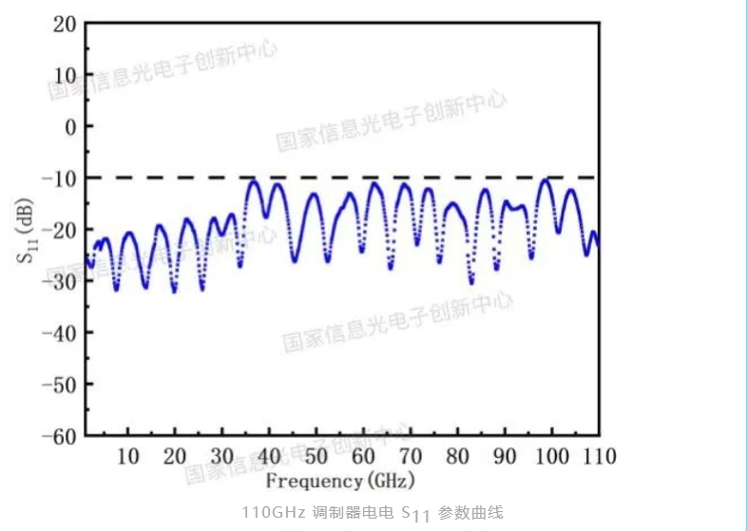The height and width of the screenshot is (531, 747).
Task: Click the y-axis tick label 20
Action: click(65, 23)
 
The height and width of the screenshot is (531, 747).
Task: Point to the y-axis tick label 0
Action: click(70, 126)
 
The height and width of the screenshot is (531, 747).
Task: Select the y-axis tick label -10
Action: click(59, 178)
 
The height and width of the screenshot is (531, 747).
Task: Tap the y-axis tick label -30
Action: click(59, 281)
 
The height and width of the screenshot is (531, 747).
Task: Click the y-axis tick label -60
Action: click(59, 436)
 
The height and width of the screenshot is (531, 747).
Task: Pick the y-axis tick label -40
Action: click(59, 333)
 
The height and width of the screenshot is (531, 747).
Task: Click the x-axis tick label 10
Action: click(127, 456)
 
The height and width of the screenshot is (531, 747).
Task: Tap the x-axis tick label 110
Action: click(598, 456)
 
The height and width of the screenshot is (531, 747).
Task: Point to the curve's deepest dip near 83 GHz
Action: click(470, 282)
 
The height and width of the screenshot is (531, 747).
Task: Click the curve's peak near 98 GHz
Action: click(545, 180)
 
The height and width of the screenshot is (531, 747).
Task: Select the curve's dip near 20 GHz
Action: click(174, 291)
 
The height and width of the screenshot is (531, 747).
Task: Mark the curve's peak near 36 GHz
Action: click(253, 180)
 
